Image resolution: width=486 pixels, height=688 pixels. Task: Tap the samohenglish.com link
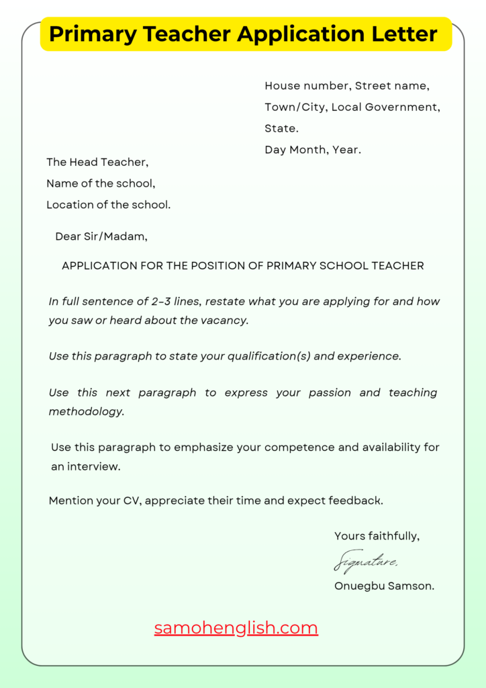236,628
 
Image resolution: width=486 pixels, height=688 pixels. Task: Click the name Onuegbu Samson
384,586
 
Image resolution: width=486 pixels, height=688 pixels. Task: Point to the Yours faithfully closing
377,536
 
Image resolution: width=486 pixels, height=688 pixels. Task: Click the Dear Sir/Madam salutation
101,236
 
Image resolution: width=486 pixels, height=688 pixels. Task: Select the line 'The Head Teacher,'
97,162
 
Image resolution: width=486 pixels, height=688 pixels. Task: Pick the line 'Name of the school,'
101,183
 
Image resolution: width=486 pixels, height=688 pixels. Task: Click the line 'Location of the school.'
108,205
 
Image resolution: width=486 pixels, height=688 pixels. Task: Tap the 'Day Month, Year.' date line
313,150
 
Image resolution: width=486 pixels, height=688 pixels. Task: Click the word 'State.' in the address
282,128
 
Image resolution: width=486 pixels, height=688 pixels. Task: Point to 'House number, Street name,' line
347,86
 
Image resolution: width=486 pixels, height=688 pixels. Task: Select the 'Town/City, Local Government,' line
352,107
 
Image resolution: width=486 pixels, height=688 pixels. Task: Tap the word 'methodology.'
87,412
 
